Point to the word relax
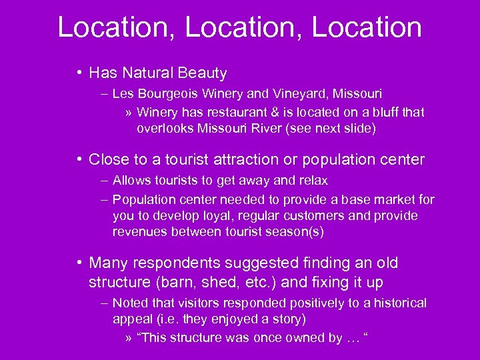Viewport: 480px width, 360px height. [x=313, y=181]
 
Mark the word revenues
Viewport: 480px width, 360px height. [x=139, y=232]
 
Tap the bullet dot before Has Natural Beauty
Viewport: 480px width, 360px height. [x=79, y=72]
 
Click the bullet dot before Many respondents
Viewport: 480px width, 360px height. [x=79, y=263]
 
